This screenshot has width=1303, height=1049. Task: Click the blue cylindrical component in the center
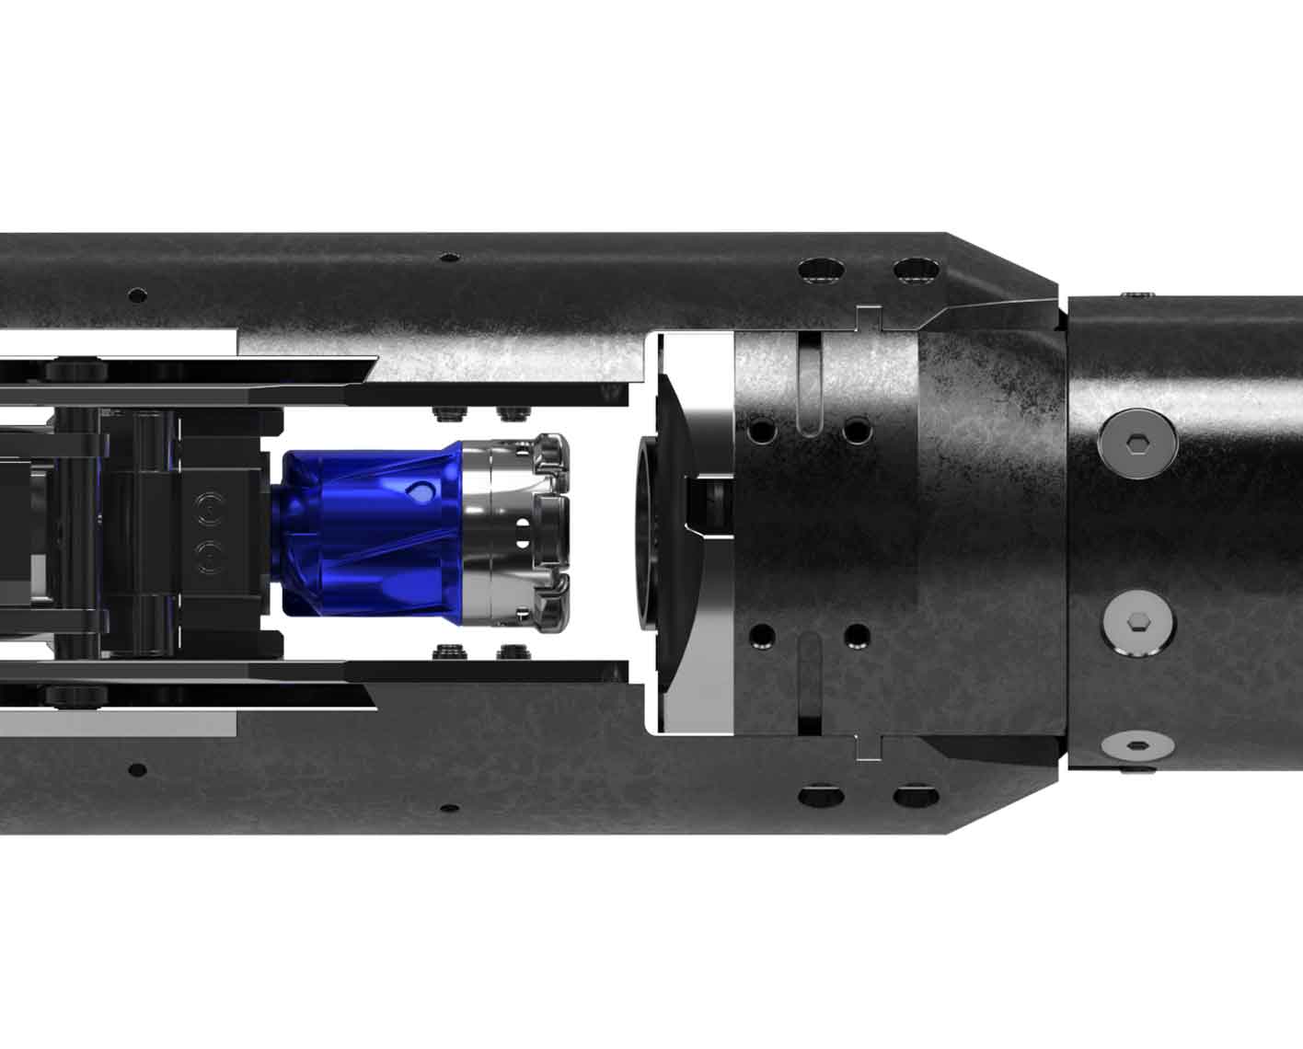tap(368, 534)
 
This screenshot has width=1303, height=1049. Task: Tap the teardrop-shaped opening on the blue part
tap(420, 493)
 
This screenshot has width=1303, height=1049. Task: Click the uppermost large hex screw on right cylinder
tap(1137, 444)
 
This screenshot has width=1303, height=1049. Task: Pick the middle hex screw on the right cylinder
tap(1136, 623)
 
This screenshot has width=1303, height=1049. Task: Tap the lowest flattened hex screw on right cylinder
tap(1137, 744)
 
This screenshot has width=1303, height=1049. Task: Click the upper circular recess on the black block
tap(211, 507)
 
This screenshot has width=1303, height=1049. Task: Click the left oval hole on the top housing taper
tap(821, 271)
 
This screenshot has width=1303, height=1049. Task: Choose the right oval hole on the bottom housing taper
tap(915, 792)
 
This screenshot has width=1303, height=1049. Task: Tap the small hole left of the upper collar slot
tap(762, 430)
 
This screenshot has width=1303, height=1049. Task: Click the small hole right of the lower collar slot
tap(856, 635)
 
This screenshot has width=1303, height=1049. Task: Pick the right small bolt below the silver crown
tap(508, 653)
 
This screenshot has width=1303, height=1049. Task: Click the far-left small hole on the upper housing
tap(137, 295)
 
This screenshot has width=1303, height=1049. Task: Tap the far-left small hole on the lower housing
tap(137, 769)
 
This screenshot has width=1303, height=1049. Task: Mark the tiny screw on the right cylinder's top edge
tap(1141, 294)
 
